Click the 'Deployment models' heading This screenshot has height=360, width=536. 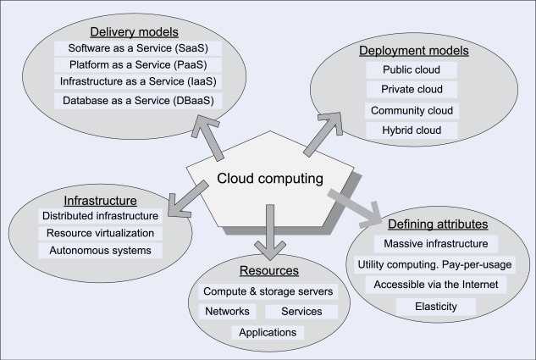(x=413, y=51)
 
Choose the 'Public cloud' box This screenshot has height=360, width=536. (x=412, y=69)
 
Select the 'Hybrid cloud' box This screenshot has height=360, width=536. (x=412, y=130)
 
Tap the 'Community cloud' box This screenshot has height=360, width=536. (x=412, y=110)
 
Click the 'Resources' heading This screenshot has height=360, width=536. (x=268, y=271)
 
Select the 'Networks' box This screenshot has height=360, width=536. (x=225, y=311)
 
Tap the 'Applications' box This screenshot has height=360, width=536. (x=268, y=332)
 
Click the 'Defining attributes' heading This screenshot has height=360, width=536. (x=437, y=224)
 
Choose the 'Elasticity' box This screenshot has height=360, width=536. (x=437, y=306)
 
